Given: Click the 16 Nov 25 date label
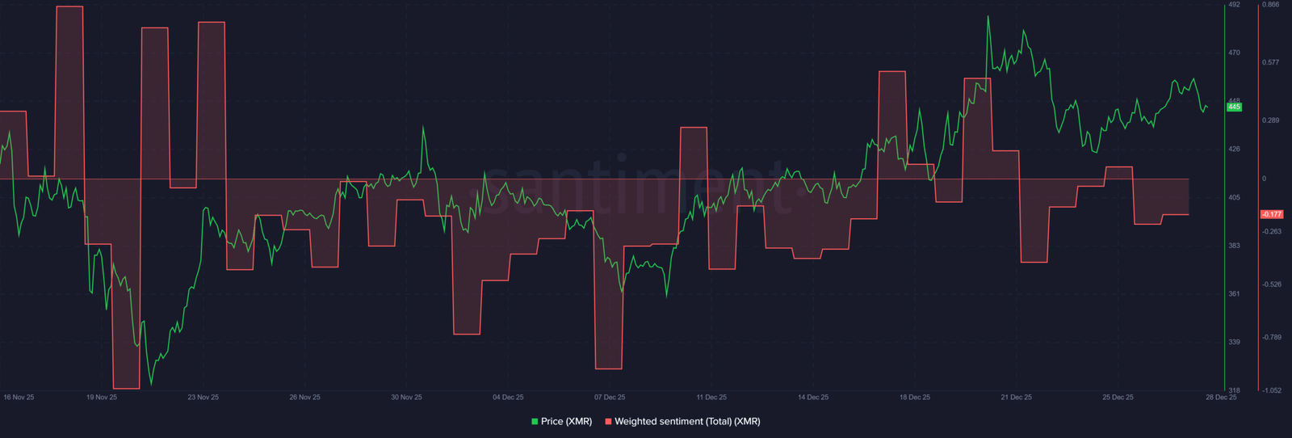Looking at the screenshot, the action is [x=19, y=397].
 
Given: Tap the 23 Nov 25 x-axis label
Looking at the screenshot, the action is [x=203, y=397].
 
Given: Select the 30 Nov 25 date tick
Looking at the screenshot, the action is [x=406, y=397].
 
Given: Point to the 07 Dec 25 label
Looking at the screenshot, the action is [x=610, y=397].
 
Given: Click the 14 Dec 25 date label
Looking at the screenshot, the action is [x=813, y=397].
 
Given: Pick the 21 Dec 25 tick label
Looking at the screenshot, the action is [x=1017, y=397].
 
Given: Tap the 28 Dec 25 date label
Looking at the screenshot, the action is [x=1221, y=397].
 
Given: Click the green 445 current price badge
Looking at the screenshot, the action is [x=1234, y=107].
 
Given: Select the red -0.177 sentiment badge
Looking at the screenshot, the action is [x=1272, y=214].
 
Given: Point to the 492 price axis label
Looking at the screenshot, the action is [x=1234, y=5].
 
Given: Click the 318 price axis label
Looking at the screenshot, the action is [x=1234, y=390].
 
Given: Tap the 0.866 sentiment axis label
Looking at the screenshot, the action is [x=1271, y=5].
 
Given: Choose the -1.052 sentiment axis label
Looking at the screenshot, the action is [x=1272, y=390].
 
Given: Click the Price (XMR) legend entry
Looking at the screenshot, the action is [x=561, y=421].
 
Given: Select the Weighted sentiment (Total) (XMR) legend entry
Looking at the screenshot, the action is [x=682, y=421].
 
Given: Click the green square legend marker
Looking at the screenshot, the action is [x=535, y=422].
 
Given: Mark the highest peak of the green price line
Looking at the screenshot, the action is [x=988, y=16].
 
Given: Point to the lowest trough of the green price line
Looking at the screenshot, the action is [x=152, y=384].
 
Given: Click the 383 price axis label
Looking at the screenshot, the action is [x=1234, y=245].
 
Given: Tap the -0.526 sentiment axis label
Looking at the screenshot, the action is [x=1272, y=284].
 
